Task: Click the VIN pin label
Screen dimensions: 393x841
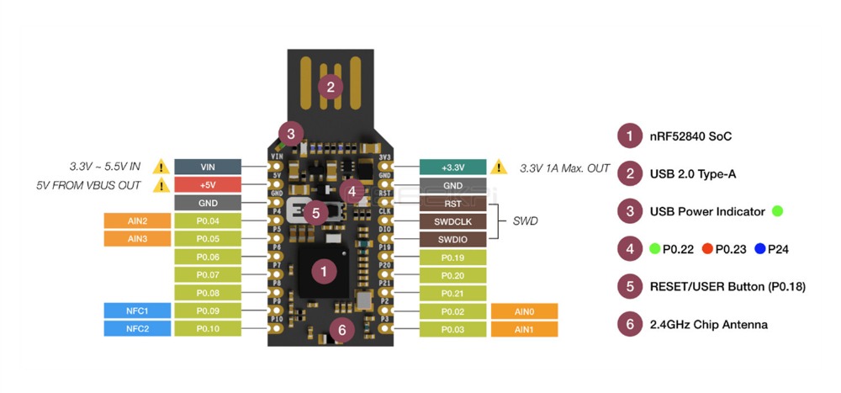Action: tap(208, 167)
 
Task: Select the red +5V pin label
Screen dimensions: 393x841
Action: tap(208, 184)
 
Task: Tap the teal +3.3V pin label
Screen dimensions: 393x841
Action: tap(452, 167)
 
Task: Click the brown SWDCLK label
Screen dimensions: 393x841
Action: tap(452, 221)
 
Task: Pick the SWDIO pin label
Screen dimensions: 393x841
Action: tap(452, 239)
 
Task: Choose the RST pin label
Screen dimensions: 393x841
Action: tap(452, 204)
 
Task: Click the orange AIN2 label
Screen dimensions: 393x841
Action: tap(137, 220)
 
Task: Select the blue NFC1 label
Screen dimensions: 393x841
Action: tap(137, 311)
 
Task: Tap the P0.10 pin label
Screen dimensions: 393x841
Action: tap(208, 328)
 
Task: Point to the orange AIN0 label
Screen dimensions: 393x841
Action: tap(523, 311)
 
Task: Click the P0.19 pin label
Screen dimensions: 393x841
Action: tap(452, 258)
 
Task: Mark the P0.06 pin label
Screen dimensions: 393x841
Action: tap(208, 257)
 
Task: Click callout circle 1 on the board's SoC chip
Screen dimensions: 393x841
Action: tap(324, 271)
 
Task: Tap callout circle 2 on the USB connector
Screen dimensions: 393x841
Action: tap(331, 86)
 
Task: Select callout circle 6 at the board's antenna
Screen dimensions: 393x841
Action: tap(341, 329)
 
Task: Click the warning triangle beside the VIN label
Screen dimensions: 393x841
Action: tap(161, 167)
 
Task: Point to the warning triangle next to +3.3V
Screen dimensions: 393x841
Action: tap(500, 167)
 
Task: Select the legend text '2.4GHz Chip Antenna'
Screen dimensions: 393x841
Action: tap(708, 324)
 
